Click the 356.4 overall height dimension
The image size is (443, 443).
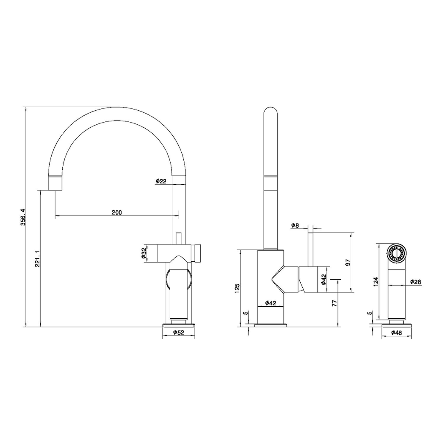pyautogui.click(x=23, y=217)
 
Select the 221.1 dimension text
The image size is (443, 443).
pyautogui.click(x=37, y=259)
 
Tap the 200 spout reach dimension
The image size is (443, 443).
pyautogui.click(x=116, y=212)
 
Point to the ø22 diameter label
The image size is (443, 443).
pyautogui.click(x=161, y=181)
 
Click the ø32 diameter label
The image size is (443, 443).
pyautogui.click(x=144, y=253)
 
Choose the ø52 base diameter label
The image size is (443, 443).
pyautogui.click(x=178, y=332)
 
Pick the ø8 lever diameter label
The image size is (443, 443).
pyautogui.click(x=295, y=225)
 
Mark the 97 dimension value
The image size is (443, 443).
pyautogui.click(x=348, y=263)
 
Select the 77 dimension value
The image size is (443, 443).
pyautogui.click(x=334, y=303)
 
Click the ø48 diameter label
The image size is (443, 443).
pyautogui.click(x=396, y=333)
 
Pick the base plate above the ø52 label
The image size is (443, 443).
pyautogui.click(x=178, y=325)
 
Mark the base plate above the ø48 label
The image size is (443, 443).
pyautogui.click(x=397, y=325)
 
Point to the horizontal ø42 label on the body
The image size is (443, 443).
pyautogui.click(x=270, y=303)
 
